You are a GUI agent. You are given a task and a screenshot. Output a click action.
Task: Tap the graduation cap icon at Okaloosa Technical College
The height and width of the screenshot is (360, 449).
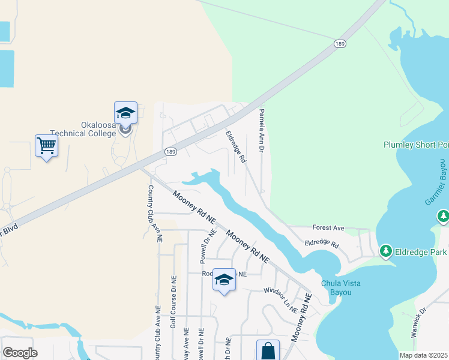[x=126, y=112]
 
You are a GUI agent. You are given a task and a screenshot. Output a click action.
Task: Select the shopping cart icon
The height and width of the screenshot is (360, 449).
[x=46, y=145]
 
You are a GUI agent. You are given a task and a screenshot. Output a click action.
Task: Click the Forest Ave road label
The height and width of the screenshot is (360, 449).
[x=328, y=228]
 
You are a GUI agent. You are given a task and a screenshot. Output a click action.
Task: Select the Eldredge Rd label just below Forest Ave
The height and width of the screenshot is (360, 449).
[x=322, y=244]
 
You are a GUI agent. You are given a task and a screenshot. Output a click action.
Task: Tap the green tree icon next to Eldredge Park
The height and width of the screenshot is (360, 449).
[x=385, y=251]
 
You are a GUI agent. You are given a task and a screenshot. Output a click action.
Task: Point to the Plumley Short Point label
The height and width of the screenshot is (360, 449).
[x=416, y=145]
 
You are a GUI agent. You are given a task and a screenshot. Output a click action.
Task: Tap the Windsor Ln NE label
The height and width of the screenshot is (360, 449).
[x=280, y=299]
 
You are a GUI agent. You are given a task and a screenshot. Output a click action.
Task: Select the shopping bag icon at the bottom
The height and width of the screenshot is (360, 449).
[x=268, y=350]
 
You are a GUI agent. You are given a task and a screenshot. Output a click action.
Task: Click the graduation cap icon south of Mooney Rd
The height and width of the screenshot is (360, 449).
[x=224, y=280]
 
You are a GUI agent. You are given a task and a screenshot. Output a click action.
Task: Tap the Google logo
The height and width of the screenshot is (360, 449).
[x=20, y=352]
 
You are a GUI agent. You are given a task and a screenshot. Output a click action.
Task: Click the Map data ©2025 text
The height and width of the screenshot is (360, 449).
[x=423, y=355]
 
